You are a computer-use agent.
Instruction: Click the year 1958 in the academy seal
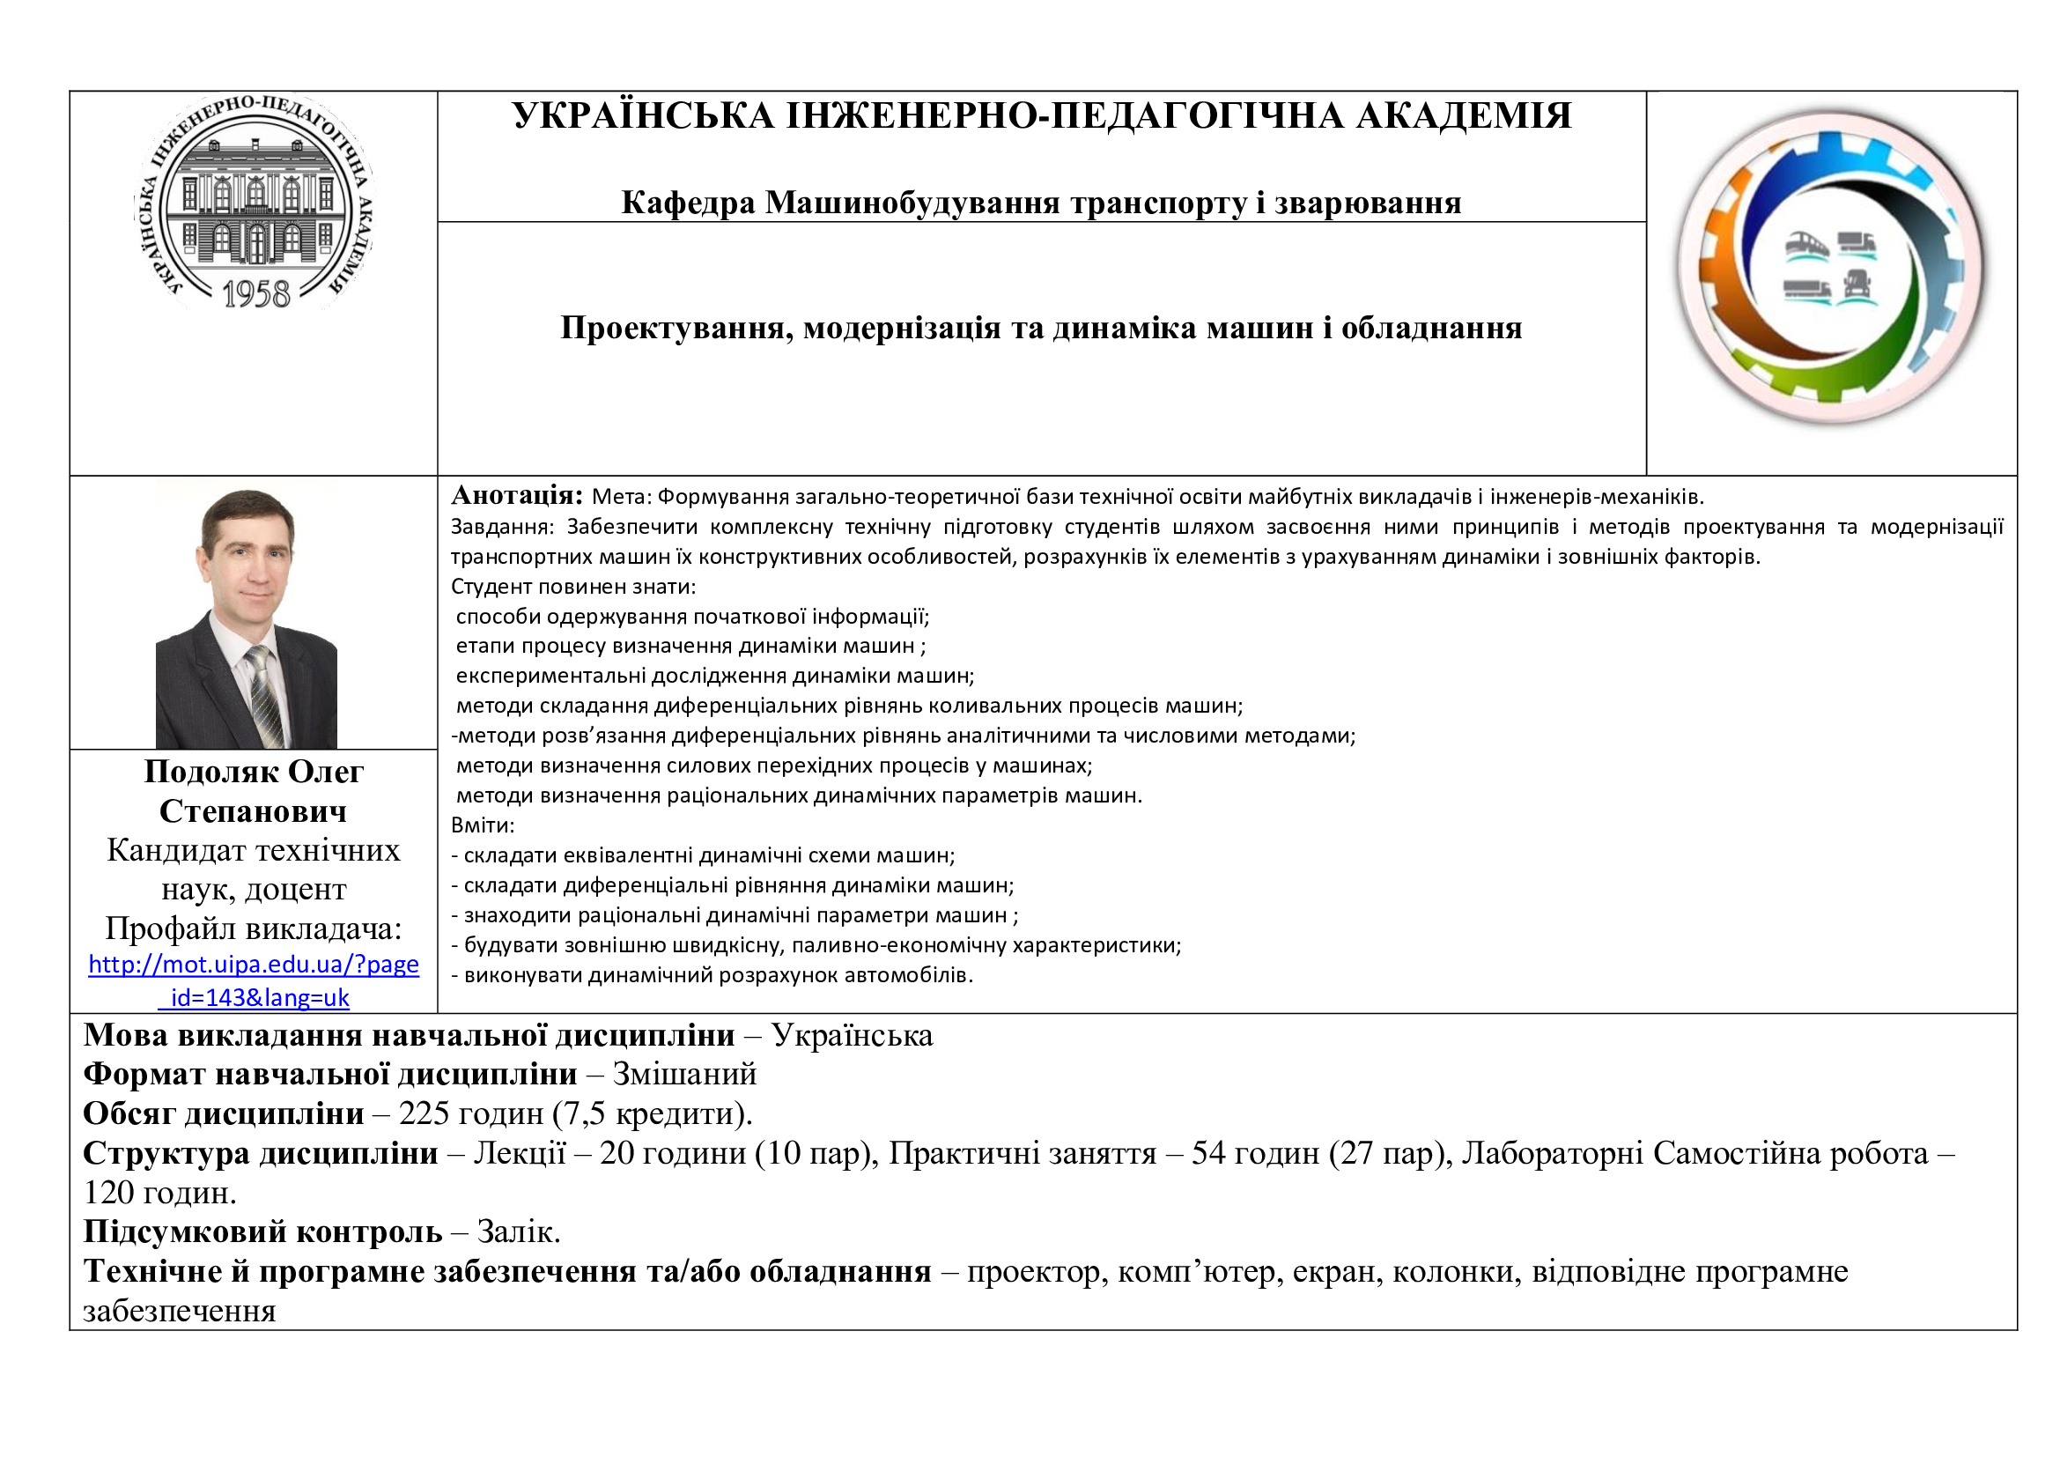point(255,294)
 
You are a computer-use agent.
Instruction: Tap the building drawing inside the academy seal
point(255,206)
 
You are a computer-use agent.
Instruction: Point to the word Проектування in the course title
point(676,329)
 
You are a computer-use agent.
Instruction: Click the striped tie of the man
point(264,695)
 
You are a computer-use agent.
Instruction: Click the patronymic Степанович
point(253,811)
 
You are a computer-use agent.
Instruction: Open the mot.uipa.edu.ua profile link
point(253,965)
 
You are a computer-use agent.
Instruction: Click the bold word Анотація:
point(517,495)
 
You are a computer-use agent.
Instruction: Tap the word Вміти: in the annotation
point(482,825)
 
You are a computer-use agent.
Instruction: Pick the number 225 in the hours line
point(424,1113)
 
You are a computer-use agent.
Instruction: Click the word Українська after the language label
point(852,1035)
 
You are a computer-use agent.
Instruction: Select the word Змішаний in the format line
point(683,1074)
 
